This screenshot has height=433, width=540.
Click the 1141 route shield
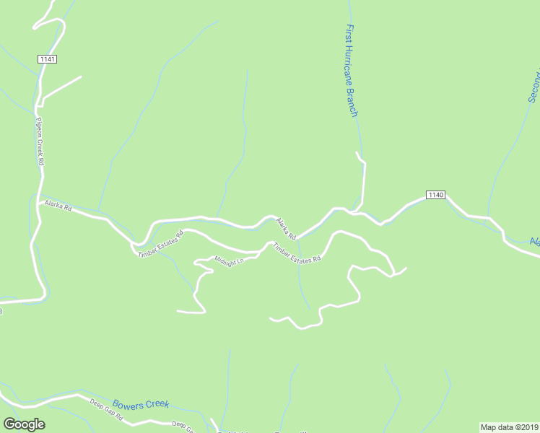point(48,58)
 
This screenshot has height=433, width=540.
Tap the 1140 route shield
point(435,195)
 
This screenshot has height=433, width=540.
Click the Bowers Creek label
point(141,404)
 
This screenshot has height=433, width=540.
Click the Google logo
point(24,424)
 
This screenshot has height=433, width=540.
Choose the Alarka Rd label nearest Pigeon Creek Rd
point(58,206)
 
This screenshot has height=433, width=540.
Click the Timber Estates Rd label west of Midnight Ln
point(161,242)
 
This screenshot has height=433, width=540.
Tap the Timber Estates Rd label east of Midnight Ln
point(296,254)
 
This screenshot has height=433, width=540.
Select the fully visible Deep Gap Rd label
point(107,409)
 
